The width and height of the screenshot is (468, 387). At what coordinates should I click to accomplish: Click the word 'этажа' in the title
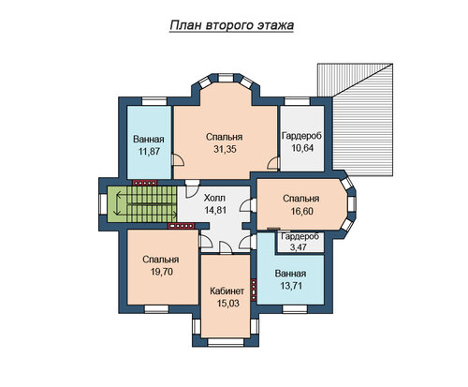(275, 25)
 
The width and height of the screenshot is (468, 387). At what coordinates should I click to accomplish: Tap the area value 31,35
(225, 149)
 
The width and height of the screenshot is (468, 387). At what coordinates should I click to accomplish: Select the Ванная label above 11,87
(149, 139)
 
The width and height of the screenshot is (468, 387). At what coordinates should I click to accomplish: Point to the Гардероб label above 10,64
(301, 136)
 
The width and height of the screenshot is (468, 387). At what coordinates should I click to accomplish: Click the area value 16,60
(301, 211)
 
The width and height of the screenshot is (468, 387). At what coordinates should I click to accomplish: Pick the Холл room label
(214, 198)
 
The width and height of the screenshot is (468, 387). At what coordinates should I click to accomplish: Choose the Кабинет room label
(227, 291)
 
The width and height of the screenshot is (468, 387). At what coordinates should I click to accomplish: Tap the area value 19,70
(162, 272)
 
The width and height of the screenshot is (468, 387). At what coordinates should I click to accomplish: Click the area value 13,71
(291, 286)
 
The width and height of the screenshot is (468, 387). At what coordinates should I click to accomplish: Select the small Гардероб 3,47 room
(300, 242)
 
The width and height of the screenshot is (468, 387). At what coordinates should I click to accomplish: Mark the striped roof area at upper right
(355, 120)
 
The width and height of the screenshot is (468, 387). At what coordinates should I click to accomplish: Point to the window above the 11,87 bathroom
(154, 101)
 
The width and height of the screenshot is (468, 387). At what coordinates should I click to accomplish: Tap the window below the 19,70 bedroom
(156, 309)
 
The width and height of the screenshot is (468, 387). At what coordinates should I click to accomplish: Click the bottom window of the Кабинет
(226, 342)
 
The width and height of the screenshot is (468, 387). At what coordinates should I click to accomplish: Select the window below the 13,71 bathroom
(295, 309)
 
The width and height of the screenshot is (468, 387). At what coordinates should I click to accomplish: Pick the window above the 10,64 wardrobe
(297, 101)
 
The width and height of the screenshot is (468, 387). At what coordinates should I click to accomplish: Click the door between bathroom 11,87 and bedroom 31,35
(177, 160)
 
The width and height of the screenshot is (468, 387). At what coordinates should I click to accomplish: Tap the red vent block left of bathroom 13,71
(254, 290)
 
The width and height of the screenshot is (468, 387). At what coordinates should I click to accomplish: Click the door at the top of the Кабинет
(226, 247)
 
